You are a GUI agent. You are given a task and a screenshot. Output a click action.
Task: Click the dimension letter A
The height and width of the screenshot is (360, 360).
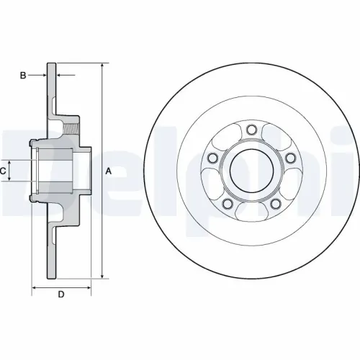click(109, 171)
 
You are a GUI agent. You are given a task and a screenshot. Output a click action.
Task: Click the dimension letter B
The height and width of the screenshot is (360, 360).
click(23, 74)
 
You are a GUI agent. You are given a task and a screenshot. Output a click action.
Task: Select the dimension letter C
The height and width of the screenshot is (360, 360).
click(4, 171)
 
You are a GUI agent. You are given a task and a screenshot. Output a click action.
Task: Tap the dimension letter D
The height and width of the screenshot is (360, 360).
click(61, 294)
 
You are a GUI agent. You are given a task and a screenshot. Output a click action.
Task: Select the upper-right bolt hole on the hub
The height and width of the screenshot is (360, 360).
click(289, 158)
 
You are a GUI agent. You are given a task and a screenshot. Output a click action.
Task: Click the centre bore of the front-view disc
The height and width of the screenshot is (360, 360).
click(251, 171)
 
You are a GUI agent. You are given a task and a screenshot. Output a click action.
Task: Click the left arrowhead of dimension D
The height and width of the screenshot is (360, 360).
click(35, 287)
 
